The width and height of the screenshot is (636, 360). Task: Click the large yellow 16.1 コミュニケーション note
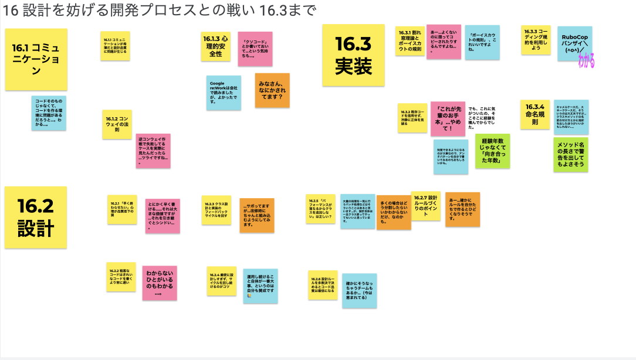point(36,59)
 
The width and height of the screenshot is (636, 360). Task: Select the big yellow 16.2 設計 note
point(36,217)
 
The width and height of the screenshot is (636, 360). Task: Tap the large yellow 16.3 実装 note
point(353,55)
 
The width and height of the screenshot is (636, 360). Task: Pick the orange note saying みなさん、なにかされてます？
point(272,90)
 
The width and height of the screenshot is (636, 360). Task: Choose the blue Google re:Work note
point(224,93)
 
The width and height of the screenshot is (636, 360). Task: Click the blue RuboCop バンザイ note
point(574,43)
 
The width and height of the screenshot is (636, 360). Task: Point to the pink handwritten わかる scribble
point(586,61)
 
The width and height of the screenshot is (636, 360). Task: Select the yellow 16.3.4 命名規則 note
point(534,114)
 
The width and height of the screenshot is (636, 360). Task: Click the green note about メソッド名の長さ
point(571,155)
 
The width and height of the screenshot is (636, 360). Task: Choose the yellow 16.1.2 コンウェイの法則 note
point(117,124)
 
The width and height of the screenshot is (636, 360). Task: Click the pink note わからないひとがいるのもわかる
point(160,283)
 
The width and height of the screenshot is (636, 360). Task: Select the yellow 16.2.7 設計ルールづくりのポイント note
point(426,205)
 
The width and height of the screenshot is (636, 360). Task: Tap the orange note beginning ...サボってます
point(257,215)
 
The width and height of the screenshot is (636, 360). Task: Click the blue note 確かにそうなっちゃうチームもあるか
point(359,290)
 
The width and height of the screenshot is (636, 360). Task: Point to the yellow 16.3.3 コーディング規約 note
point(536,40)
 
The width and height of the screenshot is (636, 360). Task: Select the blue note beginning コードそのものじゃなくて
point(49,113)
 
